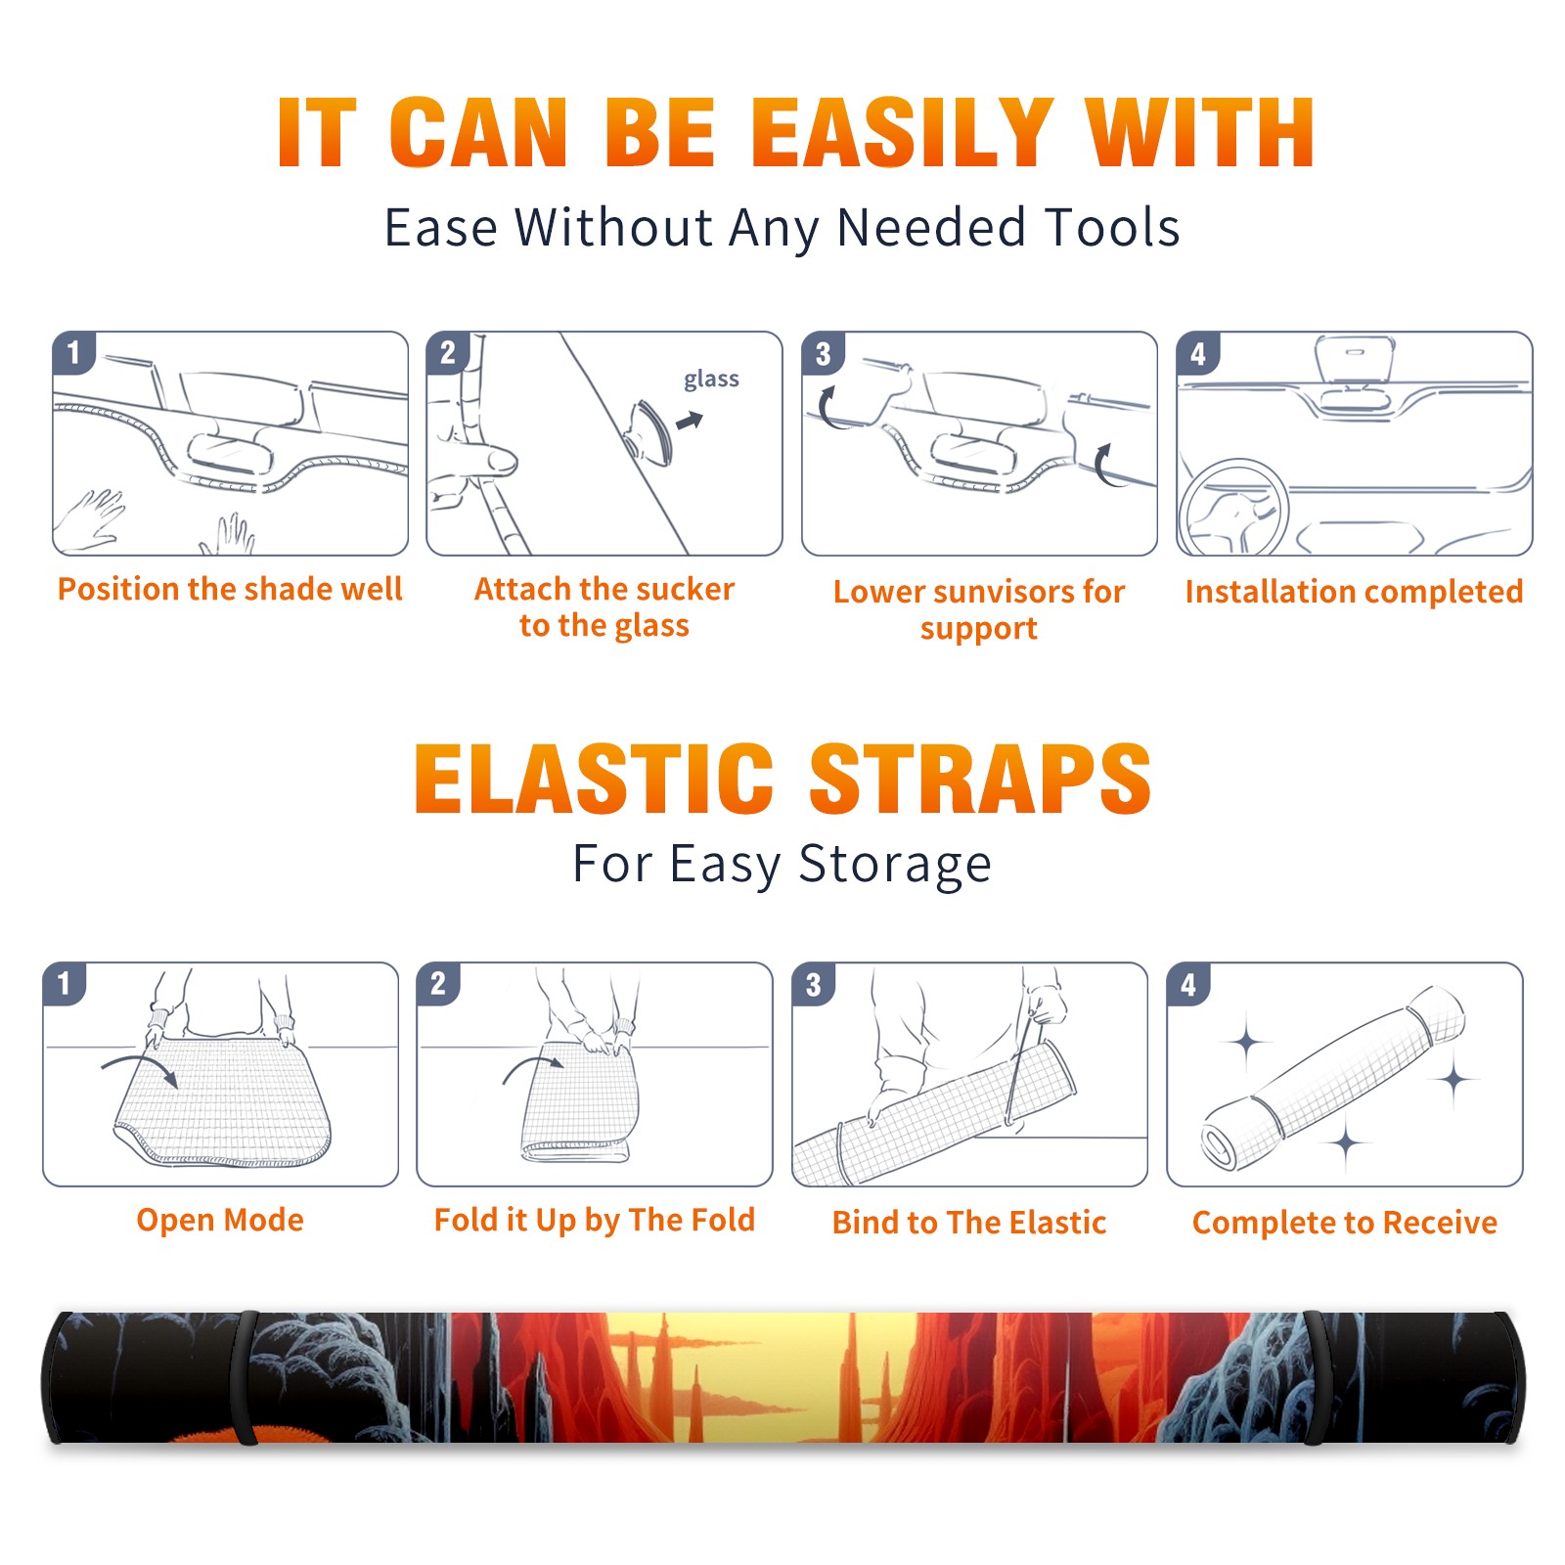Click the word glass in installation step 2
[711, 380]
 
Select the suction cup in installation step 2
[649, 432]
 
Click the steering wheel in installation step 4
[1233, 509]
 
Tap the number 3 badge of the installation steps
[824, 353]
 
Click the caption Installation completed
[1354, 591]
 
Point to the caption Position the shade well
[230, 589]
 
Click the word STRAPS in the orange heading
[980, 779]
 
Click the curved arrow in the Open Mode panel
[140, 1069]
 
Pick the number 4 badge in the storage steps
[1188, 984]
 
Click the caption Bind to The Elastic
[968, 1223]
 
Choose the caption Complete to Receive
[1344, 1223]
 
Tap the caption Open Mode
[220, 1220]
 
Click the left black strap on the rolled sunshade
[246, 1378]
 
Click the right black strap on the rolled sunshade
[1317, 1378]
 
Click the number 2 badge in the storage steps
[438, 984]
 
